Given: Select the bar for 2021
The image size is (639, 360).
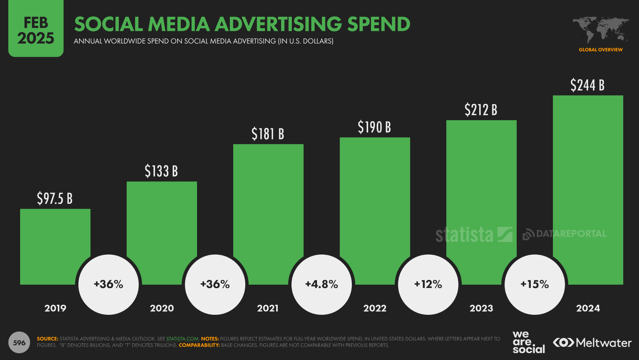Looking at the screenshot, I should click(268, 201).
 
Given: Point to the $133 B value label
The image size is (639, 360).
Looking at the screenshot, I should click(161, 171).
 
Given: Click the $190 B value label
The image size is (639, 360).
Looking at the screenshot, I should click(374, 127).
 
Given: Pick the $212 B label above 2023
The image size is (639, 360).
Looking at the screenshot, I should click(481, 110).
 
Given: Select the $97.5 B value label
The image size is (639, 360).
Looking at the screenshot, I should click(55, 198).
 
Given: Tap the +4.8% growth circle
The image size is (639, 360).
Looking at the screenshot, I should click(321, 284).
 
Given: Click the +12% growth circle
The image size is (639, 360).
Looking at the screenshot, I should click(428, 284).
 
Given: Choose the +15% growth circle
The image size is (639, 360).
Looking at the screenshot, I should click(534, 284).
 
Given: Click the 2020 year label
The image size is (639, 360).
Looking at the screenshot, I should click(162, 308).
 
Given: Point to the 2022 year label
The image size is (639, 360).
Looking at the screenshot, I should click(375, 308).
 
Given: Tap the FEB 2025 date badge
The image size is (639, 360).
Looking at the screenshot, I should click(36, 30).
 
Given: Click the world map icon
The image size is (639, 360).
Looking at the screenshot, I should click(600, 29).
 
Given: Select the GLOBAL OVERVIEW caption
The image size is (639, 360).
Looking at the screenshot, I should click(600, 50).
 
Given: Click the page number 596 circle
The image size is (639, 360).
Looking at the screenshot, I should click(19, 343).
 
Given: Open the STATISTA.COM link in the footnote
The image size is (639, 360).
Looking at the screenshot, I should click(182, 339).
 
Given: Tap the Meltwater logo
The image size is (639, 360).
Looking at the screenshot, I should click(592, 343).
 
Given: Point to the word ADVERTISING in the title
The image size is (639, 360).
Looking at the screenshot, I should click(278, 24).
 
